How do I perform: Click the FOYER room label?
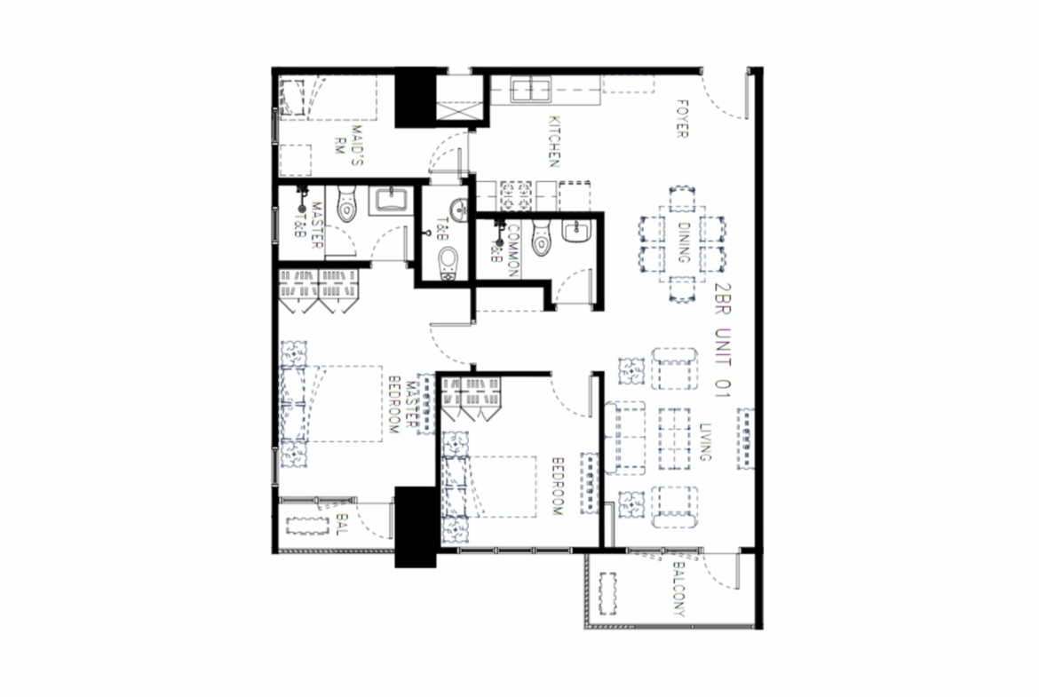(682, 119)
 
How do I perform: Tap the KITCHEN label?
(555, 141)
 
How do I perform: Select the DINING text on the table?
(683, 242)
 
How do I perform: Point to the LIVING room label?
(705, 442)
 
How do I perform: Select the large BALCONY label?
(679, 589)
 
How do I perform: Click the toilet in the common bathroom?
(542, 239)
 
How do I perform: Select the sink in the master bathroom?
(391, 200)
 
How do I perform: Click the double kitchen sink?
(531, 90)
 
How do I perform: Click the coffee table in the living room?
(675, 439)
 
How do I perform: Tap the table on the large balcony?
(607, 594)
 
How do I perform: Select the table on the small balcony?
(308, 526)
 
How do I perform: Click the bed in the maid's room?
(328, 98)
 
